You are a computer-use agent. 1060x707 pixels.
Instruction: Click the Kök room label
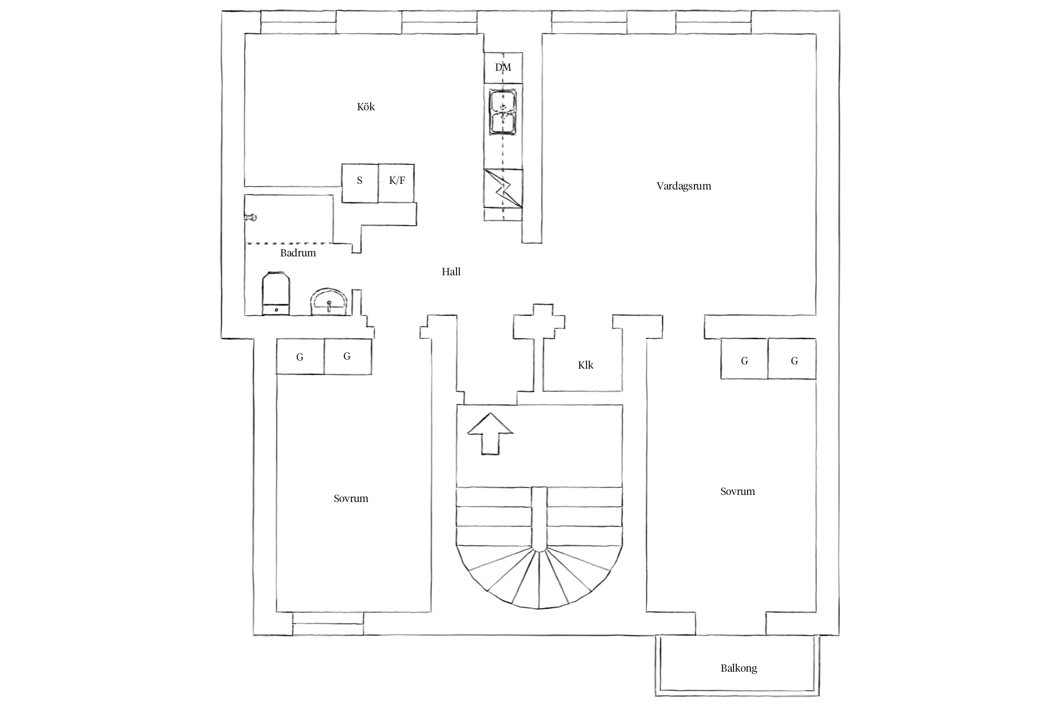(x=366, y=107)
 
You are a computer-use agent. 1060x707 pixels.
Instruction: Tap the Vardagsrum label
(x=684, y=186)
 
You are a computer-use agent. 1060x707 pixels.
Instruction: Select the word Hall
(x=451, y=271)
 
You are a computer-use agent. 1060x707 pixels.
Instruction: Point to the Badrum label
(x=298, y=253)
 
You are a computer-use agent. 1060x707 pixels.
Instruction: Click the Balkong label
(x=739, y=668)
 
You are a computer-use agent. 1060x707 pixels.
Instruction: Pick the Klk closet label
(x=586, y=365)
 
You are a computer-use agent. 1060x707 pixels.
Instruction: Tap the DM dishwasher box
(x=503, y=68)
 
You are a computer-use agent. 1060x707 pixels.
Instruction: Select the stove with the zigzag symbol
(x=504, y=188)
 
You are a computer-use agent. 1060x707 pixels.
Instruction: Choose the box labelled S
(x=360, y=183)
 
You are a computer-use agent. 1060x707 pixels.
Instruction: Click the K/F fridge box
(x=396, y=183)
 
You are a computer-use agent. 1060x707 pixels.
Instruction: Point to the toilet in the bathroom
(x=276, y=293)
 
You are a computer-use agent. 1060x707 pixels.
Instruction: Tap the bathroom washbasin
(x=329, y=302)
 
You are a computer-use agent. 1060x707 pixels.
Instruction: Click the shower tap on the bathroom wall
(x=250, y=217)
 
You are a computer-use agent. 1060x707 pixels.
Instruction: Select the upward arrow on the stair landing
(x=490, y=434)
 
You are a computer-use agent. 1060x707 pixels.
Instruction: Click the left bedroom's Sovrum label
(x=351, y=498)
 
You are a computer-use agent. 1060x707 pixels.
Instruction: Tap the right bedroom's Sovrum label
(x=738, y=491)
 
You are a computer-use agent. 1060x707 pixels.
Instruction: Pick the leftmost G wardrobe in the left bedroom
(x=300, y=357)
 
